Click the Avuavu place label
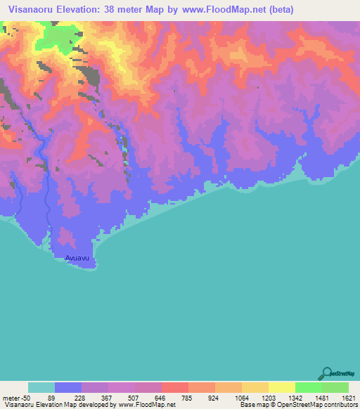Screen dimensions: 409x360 coord(77,258)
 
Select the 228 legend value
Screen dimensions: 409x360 coord(82,397)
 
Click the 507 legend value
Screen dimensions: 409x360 coord(135,397)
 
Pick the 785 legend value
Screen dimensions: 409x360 coord(188,397)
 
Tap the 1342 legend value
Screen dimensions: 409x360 coord(295,397)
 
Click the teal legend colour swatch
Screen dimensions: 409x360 coord(41,387)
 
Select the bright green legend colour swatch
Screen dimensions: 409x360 coord(308,387)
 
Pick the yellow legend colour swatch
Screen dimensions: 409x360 coord(281,387)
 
